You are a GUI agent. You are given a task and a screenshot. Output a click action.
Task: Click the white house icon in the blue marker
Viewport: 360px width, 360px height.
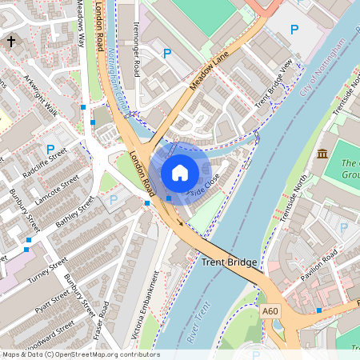[180, 172]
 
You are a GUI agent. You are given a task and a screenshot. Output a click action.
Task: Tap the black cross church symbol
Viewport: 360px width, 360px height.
[11, 41]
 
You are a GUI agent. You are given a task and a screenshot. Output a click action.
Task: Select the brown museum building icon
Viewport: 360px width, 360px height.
[322, 154]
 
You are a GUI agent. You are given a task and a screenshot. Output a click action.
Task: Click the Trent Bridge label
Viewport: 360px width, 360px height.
[229, 262]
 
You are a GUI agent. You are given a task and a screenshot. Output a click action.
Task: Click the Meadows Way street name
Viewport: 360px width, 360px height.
[81, 21]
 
